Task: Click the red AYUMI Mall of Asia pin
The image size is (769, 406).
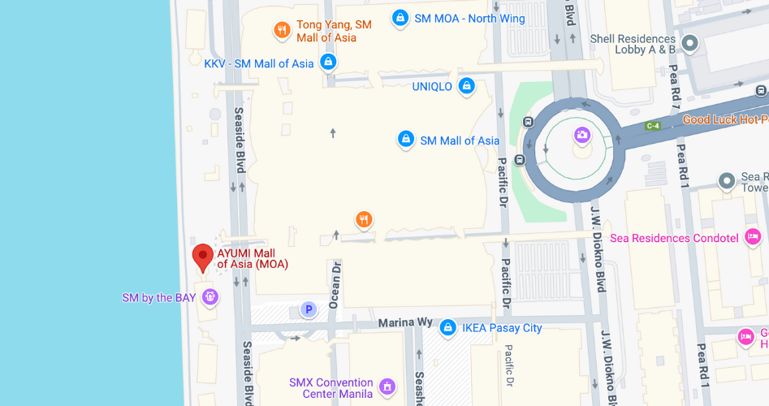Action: (202, 257)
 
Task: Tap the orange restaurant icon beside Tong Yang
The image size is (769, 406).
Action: (282, 31)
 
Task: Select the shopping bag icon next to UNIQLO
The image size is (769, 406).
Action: (466, 85)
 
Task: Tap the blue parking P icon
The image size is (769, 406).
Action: (309, 309)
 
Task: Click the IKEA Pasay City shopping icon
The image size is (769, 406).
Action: (447, 327)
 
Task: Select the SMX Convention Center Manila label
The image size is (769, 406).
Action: (331, 388)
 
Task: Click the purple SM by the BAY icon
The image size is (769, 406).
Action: (210, 297)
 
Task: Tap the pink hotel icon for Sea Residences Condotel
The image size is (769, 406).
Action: (753, 237)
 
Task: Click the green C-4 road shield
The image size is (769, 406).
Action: (652, 126)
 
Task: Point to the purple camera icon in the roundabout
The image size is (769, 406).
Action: (582, 135)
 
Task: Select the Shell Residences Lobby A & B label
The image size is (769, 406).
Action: (633, 44)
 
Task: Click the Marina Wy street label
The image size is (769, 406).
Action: (405, 323)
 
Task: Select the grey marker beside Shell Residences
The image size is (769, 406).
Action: (690, 43)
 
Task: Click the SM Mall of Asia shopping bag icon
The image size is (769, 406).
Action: (405, 140)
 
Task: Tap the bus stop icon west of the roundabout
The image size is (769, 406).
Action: (529, 123)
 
